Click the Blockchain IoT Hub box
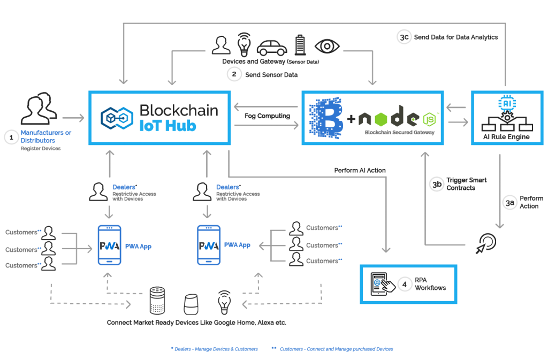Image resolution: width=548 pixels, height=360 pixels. tap(160, 118)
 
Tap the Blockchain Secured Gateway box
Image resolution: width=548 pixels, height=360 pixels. tap(372, 118)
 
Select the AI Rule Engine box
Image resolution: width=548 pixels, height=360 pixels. tap(504, 118)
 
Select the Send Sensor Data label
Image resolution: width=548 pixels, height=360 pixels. tap(271, 75)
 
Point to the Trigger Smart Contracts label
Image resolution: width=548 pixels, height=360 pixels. tap(466, 184)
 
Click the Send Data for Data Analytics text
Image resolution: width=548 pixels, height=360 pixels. tap(455, 37)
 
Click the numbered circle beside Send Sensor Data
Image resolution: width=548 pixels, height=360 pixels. tap(234, 74)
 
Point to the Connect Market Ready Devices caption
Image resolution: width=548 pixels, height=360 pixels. tap(196, 323)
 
